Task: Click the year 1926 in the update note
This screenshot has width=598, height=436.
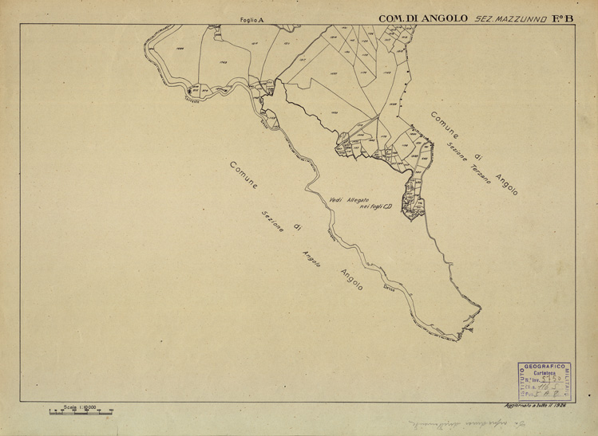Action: coord(572,407)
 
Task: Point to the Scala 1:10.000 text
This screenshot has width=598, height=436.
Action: coord(80,407)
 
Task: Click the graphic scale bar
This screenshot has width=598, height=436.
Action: coord(80,412)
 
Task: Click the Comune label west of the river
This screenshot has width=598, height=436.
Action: coord(244,175)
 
